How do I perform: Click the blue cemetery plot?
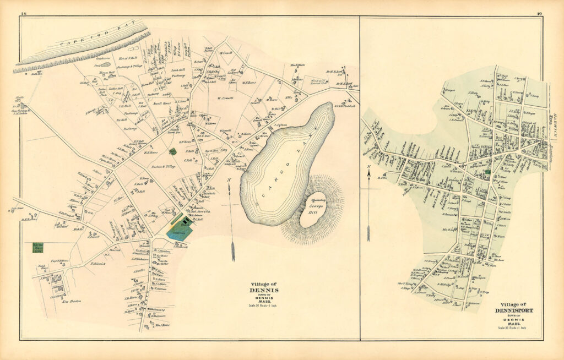tap(180, 230)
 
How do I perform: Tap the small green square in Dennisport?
tap(487, 173)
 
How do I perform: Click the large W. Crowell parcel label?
tap(224, 99)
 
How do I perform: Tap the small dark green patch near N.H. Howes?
tap(173, 151)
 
